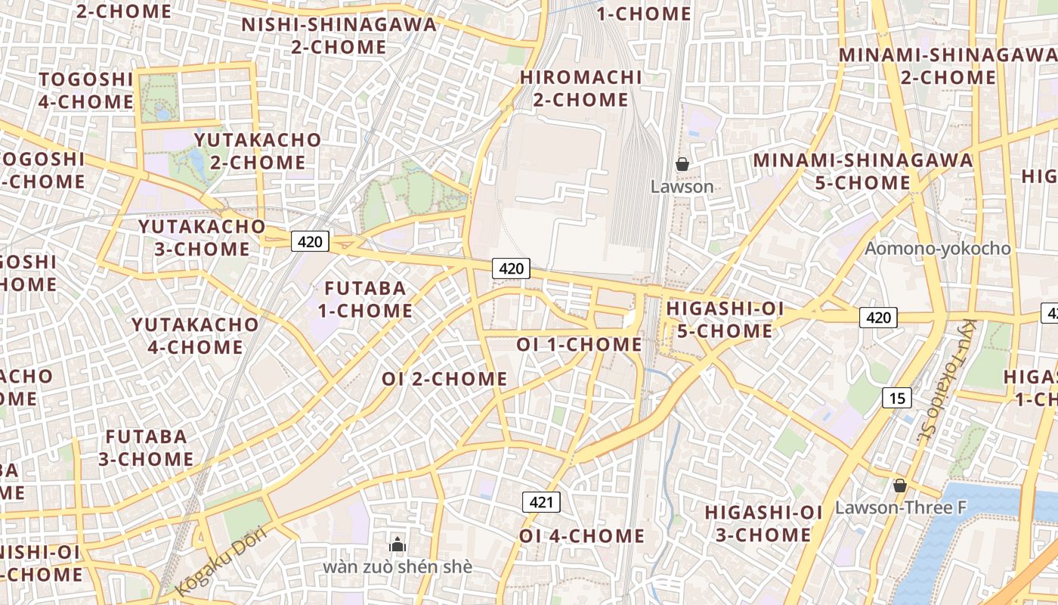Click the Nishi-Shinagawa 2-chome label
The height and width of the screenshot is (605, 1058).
click(339, 36)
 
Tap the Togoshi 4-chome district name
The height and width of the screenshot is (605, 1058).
click(85, 90)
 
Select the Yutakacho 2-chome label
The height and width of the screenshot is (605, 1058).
click(258, 150)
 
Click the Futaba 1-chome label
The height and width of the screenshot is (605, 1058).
click(365, 299)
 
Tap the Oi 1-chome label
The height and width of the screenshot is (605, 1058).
click(579, 344)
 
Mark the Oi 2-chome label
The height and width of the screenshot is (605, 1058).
click(444, 379)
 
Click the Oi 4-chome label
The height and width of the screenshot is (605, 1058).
click(582, 536)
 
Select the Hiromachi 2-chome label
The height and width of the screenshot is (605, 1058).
click(580, 88)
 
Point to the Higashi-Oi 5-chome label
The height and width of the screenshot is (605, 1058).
click(725, 320)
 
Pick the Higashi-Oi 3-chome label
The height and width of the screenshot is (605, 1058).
click(763, 523)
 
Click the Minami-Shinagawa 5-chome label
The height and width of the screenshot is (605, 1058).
click(862, 171)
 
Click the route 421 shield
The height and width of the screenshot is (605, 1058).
click(541, 501)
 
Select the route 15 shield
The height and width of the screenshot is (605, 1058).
click(896, 398)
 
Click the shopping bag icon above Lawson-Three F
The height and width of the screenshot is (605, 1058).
click(899, 486)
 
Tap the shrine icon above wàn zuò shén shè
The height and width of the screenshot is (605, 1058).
click(398, 544)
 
